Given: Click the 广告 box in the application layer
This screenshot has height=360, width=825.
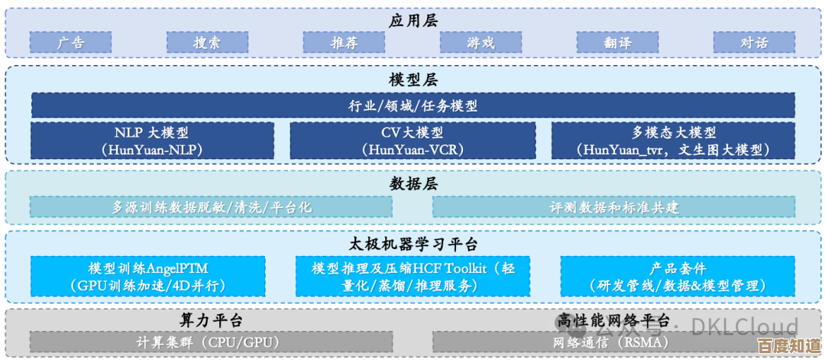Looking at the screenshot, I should pyautogui.click(x=71, y=43).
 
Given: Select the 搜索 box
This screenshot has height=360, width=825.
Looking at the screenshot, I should pyautogui.click(x=207, y=43).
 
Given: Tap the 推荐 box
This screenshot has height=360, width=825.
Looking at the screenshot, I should pyautogui.click(x=344, y=43).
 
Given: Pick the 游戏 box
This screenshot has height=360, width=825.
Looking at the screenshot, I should pyautogui.click(x=480, y=43).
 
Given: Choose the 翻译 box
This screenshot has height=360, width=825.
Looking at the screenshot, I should pyautogui.click(x=617, y=43).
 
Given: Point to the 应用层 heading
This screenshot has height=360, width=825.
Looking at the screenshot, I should pyautogui.click(x=412, y=20).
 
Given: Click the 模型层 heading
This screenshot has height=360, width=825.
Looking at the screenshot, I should pyautogui.click(x=412, y=79).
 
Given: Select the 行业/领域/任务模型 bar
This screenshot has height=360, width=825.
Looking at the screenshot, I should pyautogui.click(x=412, y=105).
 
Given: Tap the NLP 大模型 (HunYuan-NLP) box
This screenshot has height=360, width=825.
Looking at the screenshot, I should pyautogui.click(x=152, y=141).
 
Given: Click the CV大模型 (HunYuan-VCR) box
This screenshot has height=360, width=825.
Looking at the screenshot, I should pyautogui.click(x=412, y=141).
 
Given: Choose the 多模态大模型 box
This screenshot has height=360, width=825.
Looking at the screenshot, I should pyautogui.click(x=673, y=141).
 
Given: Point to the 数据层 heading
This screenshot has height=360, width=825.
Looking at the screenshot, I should pyautogui.click(x=412, y=183).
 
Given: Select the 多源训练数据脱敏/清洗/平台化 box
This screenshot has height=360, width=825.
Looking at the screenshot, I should pyautogui.click(x=211, y=207).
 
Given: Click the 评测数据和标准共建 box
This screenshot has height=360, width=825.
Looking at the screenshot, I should pyautogui.click(x=613, y=207).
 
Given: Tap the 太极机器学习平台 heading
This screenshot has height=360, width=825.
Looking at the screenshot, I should pyautogui.click(x=412, y=244).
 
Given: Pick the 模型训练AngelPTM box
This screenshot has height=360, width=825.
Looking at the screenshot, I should pyautogui.click(x=148, y=277).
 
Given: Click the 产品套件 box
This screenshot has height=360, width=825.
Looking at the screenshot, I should pyautogui.click(x=678, y=277).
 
